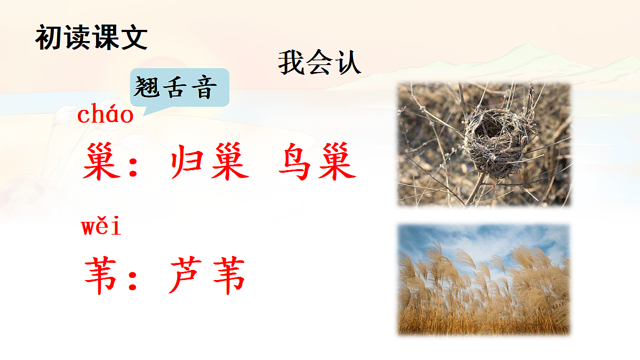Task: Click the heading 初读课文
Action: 91,38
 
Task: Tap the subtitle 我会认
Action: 319,63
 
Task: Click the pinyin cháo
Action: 106,115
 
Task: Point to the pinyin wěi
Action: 101,227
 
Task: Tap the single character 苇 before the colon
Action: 101,276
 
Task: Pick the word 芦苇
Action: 207,276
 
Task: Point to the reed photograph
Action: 484,279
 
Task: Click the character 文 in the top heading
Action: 134,38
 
